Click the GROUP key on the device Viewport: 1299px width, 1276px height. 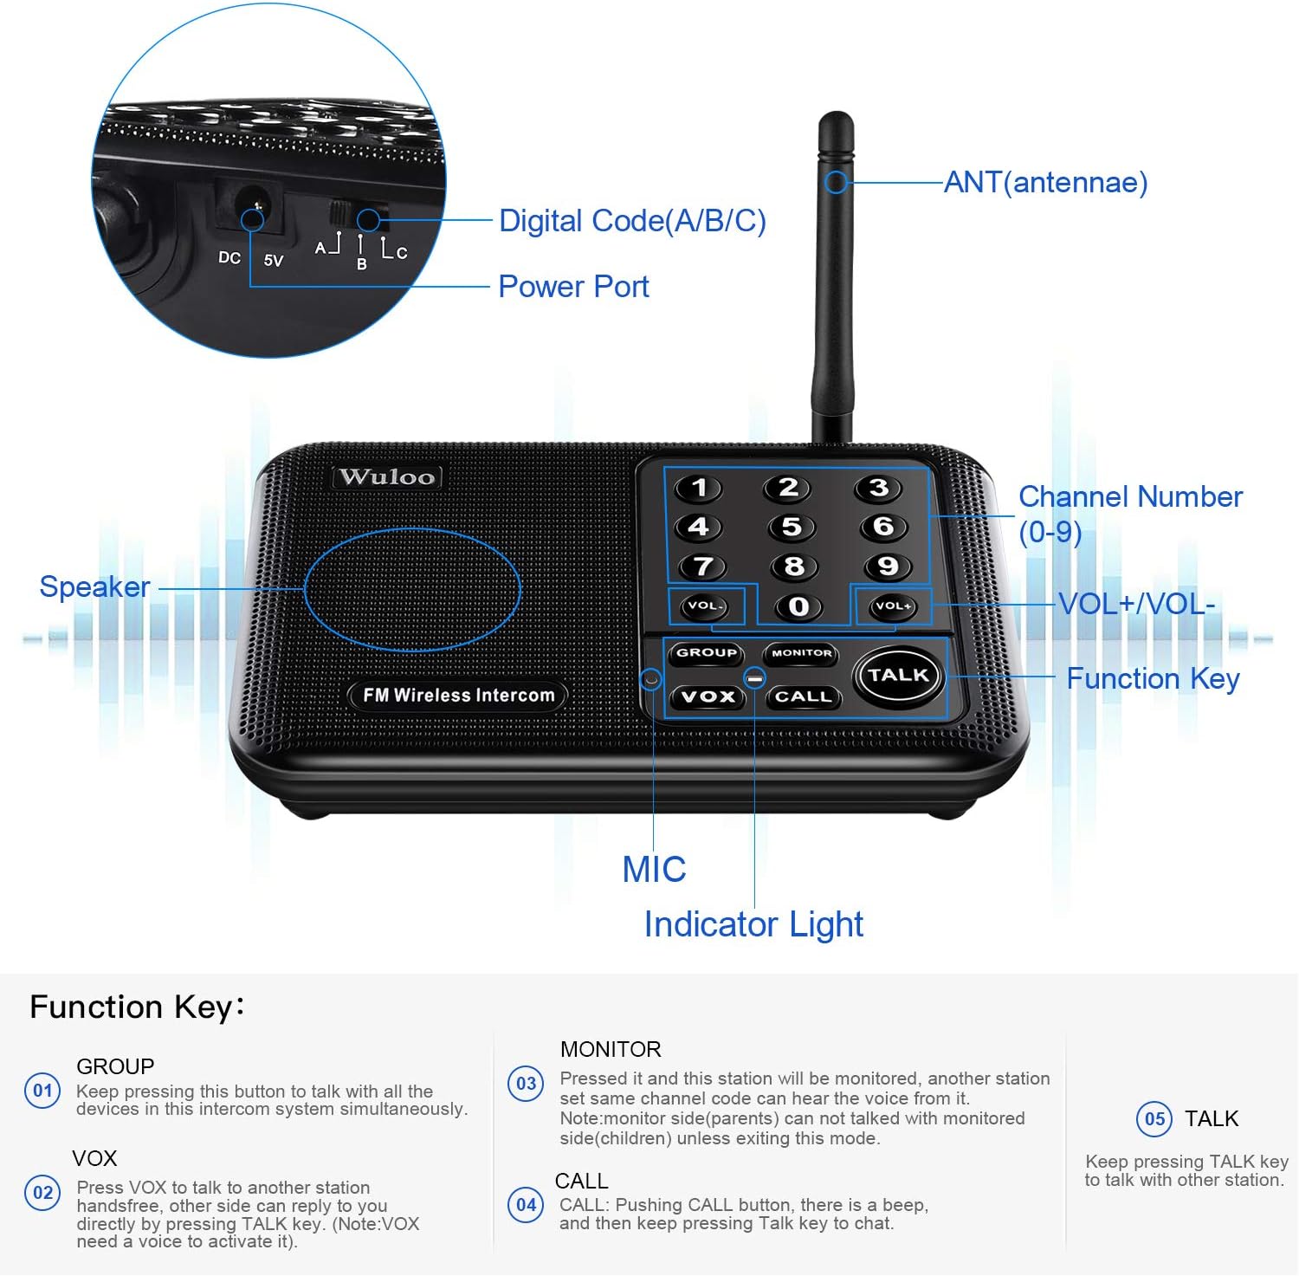pyautogui.click(x=707, y=653)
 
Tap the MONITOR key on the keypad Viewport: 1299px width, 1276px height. pyautogui.click(x=801, y=653)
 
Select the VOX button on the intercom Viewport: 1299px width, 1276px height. pyautogui.click(x=708, y=696)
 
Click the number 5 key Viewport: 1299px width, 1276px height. pyautogui.click(x=792, y=527)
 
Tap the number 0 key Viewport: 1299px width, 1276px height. pyautogui.click(x=798, y=606)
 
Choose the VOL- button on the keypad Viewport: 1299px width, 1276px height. pyautogui.click(x=706, y=606)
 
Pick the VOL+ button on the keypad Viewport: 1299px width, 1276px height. pyautogui.click(x=892, y=606)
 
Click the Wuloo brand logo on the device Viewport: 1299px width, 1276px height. pyautogui.click(x=387, y=477)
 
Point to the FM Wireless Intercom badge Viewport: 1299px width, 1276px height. pyautogui.click(x=458, y=696)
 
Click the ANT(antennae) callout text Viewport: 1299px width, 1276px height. pyautogui.click(x=1045, y=183)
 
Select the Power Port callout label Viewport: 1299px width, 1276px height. pyautogui.click(x=573, y=287)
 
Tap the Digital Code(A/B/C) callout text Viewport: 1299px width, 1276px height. pyautogui.click(x=632, y=221)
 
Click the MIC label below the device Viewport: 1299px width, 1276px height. pyautogui.click(x=654, y=870)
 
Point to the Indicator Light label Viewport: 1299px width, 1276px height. pyautogui.click(x=753, y=924)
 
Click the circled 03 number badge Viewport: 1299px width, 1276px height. pyautogui.click(x=526, y=1084)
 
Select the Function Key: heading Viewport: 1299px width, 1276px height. pyautogui.click(x=137, y=1007)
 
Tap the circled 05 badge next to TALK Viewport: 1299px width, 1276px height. pyautogui.click(x=1154, y=1119)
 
